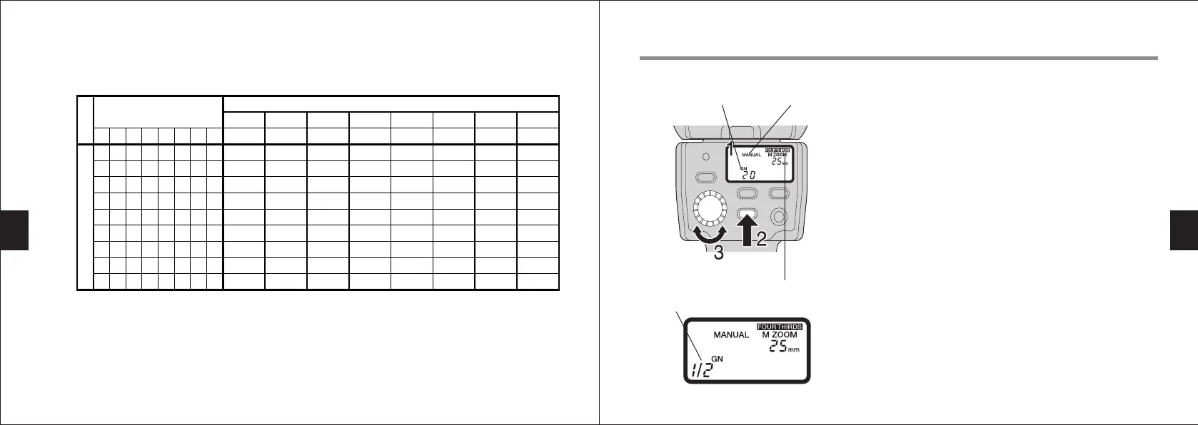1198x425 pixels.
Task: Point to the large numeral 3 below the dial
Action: pyautogui.click(x=719, y=252)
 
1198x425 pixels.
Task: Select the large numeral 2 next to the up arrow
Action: pyautogui.click(x=762, y=239)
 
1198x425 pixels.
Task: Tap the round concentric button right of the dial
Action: pyautogui.click(x=778, y=216)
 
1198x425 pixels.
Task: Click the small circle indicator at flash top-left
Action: pyautogui.click(x=706, y=155)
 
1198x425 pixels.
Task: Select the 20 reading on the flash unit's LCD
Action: pyautogui.click(x=748, y=175)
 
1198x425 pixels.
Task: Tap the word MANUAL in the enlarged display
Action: pyautogui.click(x=731, y=335)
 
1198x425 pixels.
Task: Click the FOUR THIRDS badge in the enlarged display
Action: pyautogui.click(x=779, y=327)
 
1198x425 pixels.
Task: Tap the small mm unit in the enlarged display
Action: pyautogui.click(x=794, y=349)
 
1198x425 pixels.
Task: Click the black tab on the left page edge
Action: pyautogui.click(x=14, y=230)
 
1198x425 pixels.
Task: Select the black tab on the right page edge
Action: pyautogui.click(x=1184, y=230)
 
